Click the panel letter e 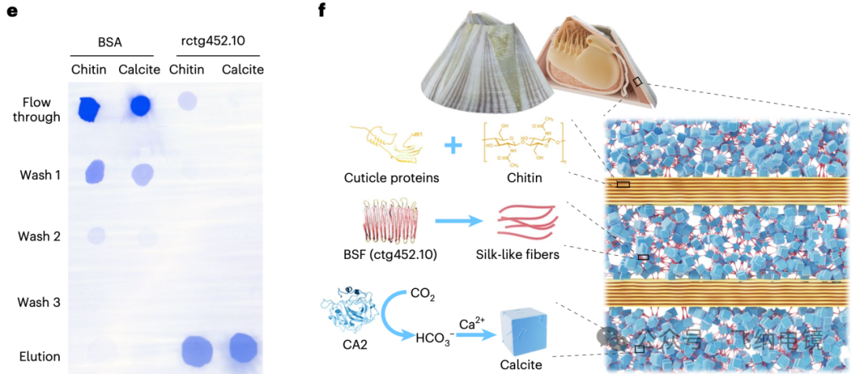[x=12, y=13]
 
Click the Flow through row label [x=42, y=109]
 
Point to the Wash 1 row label [x=40, y=174]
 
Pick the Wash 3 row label [x=40, y=302]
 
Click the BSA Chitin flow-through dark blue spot [x=89, y=109]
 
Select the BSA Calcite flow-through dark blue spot [x=140, y=105]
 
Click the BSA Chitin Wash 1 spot [x=95, y=171]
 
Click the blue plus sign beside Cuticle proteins [x=452, y=146]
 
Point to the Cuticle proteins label [x=392, y=178]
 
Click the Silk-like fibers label [x=518, y=254]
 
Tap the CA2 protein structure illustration [x=347, y=315]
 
